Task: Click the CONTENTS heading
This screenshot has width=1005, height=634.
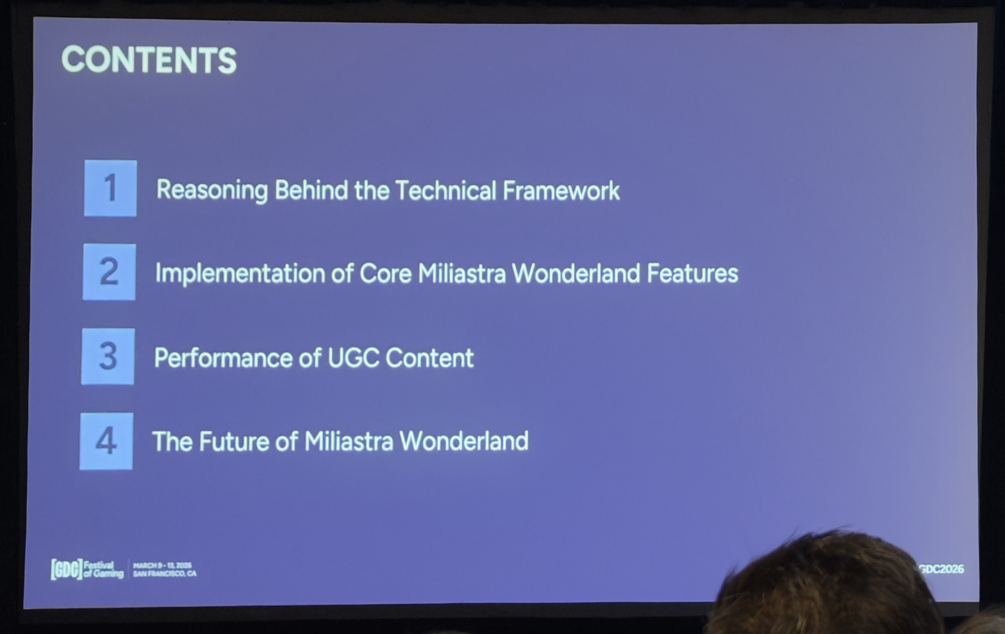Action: (149, 59)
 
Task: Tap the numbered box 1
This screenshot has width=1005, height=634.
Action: (110, 188)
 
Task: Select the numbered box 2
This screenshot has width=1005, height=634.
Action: (109, 272)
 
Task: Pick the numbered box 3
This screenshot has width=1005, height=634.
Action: (108, 356)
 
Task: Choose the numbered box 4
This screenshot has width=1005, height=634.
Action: (106, 441)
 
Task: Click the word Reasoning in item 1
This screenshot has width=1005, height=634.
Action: (212, 191)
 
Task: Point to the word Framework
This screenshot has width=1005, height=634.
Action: (561, 191)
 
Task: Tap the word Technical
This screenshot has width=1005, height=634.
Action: (445, 191)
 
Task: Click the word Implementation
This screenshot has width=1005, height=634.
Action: (240, 274)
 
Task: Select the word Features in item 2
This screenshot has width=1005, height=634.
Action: (692, 273)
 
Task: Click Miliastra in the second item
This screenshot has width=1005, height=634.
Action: (461, 273)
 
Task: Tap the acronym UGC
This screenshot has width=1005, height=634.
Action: (353, 358)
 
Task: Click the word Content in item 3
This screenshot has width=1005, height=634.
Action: (430, 358)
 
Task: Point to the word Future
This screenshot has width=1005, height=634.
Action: (234, 442)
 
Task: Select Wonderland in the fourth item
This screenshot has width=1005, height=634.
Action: (464, 441)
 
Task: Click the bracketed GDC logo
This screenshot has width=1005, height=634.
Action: (66, 569)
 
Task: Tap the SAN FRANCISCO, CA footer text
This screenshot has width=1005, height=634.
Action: (164, 574)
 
